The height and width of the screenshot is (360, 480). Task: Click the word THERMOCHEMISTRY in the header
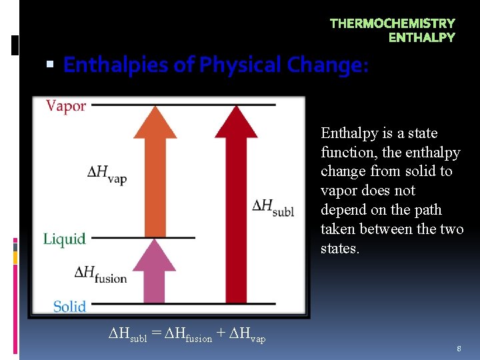(x=392, y=23)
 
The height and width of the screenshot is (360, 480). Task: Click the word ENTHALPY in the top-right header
(x=421, y=37)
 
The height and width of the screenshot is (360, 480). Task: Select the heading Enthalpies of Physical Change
(x=215, y=65)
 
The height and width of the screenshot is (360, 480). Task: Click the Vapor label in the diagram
(x=66, y=106)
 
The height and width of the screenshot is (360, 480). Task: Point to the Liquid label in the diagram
(x=65, y=239)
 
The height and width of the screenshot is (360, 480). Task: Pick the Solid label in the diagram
(x=69, y=306)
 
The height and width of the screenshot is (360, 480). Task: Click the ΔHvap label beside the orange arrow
(x=107, y=174)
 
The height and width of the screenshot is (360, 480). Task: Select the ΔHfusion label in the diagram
(x=100, y=274)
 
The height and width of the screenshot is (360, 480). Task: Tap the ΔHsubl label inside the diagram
(x=273, y=207)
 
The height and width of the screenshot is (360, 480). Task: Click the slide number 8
(x=459, y=349)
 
